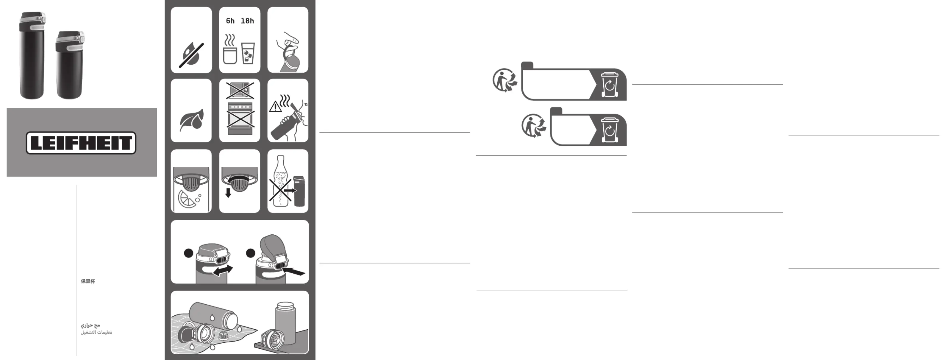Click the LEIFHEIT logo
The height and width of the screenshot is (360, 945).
pyautogui.click(x=81, y=143)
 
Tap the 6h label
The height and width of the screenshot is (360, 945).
pyautogui.click(x=230, y=21)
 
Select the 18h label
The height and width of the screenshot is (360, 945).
pyautogui.click(x=247, y=21)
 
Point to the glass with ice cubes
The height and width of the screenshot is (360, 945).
pyautogui.click(x=248, y=54)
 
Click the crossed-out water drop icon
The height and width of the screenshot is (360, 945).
pyautogui.click(x=191, y=55)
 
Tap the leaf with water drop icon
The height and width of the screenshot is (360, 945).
pyautogui.click(x=191, y=120)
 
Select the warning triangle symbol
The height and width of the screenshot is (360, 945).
pyautogui.click(x=275, y=107)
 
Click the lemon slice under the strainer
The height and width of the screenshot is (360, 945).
pyautogui.click(x=187, y=199)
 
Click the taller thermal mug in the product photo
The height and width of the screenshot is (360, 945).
pyautogui.click(x=32, y=55)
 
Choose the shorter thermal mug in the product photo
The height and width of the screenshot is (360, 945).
pyautogui.click(x=70, y=65)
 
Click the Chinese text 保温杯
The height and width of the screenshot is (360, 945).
pyautogui.click(x=88, y=281)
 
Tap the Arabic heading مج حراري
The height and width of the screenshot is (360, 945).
pyautogui.click(x=90, y=325)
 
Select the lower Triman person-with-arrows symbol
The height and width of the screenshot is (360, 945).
pyautogui.click(x=534, y=125)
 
